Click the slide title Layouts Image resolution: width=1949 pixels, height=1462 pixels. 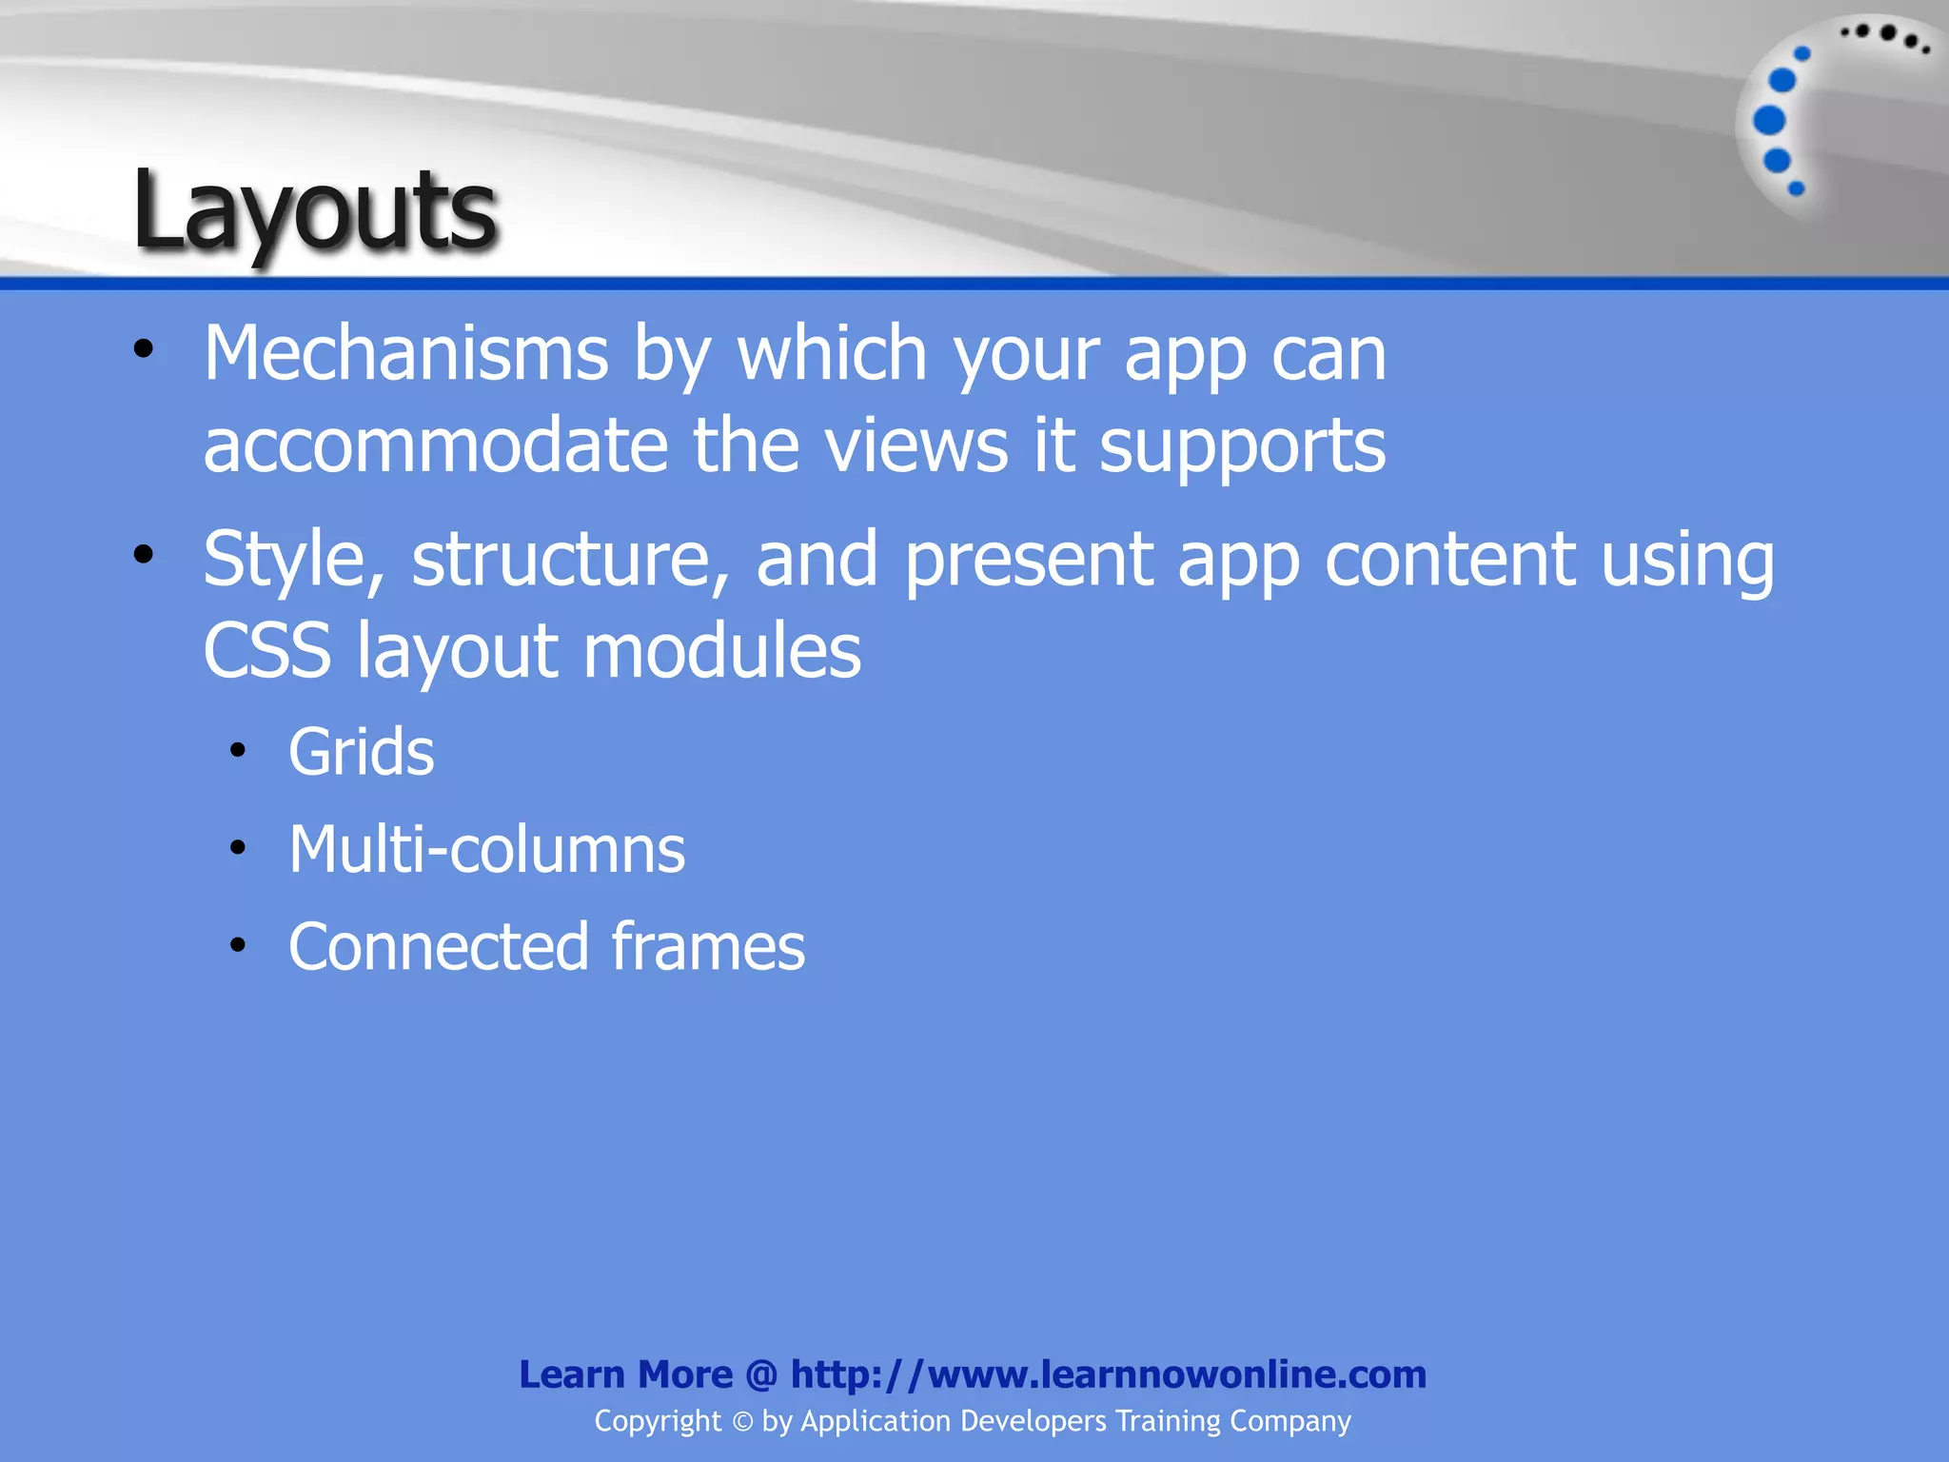coord(314,211)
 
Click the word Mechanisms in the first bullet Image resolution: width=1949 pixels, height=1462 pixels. coord(405,354)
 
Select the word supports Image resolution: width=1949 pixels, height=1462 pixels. coord(1242,445)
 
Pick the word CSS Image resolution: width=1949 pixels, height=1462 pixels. coord(267,652)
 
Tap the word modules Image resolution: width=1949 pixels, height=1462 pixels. coord(721,652)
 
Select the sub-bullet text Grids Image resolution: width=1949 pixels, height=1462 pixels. coord(361,753)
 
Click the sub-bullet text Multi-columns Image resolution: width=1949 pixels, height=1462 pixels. coord(486,850)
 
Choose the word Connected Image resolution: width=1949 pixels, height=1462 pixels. coord(439,947)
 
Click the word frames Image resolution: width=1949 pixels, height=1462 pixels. coord(708,947)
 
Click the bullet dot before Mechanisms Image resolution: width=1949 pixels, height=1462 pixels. coord(144,349)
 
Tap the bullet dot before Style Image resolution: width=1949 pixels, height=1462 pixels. coord(144,555)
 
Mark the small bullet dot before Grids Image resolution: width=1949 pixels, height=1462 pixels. coord(238,751)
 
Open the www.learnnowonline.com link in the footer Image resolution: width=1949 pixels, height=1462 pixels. coord(1109,1374)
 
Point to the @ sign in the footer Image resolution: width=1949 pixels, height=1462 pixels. coord(761,1375)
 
